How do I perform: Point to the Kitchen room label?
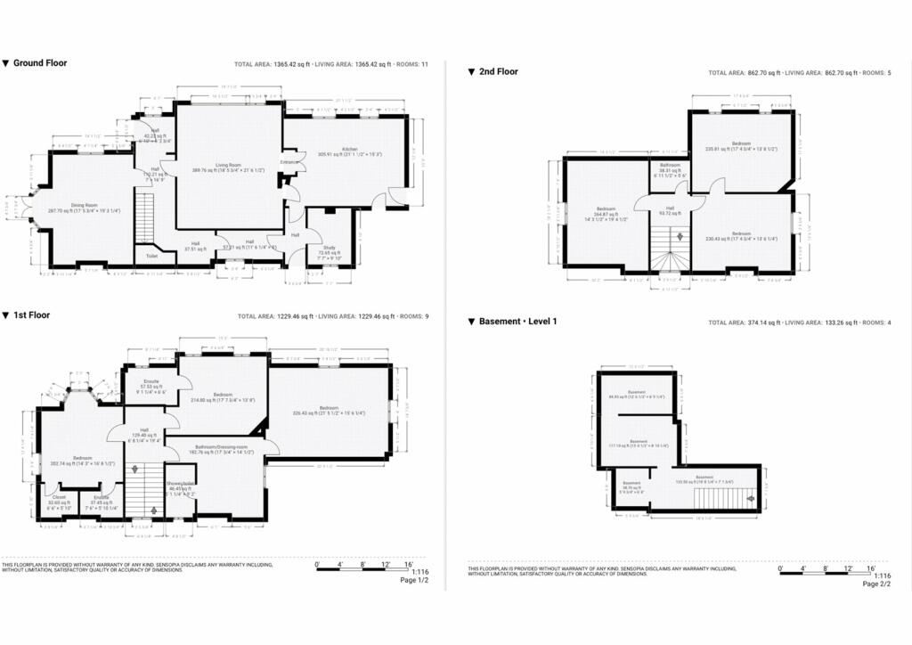point(350,149)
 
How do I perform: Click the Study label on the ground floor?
point(330,249)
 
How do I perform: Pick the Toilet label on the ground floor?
point(152,256)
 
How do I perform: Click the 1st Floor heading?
point(32,315)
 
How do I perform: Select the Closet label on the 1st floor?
point(60,497)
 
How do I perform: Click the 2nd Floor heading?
point(498,72)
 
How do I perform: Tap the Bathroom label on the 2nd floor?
point(670,166)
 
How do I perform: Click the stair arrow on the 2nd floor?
point(681,237)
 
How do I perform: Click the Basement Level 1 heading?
point(517,322)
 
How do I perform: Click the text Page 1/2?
point(414,580)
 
